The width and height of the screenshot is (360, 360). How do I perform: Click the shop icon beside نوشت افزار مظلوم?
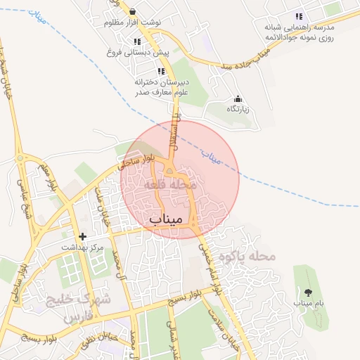pos(134,11)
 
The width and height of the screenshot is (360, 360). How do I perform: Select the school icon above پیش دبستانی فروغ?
pos(138,41)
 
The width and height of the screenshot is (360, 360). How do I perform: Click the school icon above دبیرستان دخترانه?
pos(161,71)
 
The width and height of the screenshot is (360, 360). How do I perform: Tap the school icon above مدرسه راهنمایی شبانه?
pos(299,16)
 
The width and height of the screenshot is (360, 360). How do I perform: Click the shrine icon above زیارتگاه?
pos(238,99)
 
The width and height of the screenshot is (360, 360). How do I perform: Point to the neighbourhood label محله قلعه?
pos(166,184)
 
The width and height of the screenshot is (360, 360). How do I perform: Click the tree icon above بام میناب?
pos(307,292)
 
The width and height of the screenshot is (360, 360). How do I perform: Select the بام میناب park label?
pos(307,302)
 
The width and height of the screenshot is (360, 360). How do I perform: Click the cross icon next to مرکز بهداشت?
pos(83,236)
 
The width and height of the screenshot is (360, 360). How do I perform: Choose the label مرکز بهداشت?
pos(82,247)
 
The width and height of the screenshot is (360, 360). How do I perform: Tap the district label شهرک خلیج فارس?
pos(78,308)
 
